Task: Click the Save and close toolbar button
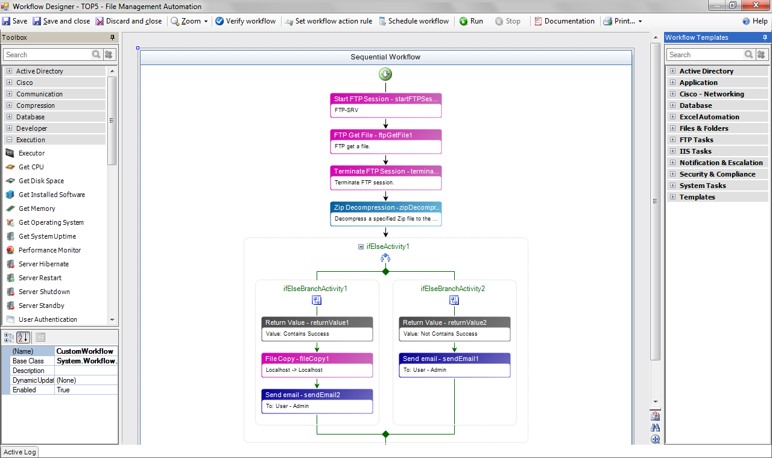point(62,21)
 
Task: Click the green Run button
point(471,21)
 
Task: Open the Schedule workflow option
point(414,21)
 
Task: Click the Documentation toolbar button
point(564,21)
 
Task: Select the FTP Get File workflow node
point(386,142)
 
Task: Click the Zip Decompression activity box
point(386,214)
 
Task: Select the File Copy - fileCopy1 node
point(317,365)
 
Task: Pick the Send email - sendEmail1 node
point(455,365)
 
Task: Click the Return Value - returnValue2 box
point(455,328)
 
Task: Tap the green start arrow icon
point(385,74)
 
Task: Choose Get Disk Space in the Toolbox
point(41,181)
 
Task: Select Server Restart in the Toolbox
point(40,278)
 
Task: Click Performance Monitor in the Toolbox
point(49,250)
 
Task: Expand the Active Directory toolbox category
point(9,71)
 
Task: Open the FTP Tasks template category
point(696,140)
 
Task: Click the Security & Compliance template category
point(717,174)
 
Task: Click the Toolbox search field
point(47,55)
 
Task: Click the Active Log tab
point(20,452)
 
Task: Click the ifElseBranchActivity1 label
point(315,289)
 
